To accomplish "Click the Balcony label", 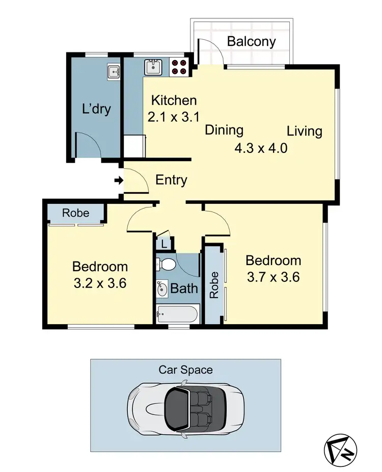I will pos(251,41).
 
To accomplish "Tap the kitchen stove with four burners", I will pos(179,67).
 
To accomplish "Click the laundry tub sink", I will pos(114,72).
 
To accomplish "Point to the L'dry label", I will pos(96,109).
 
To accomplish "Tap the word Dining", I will pos(224,130).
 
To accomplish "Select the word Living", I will pos(304,131).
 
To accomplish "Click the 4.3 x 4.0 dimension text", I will pos(261,149).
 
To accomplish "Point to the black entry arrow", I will pos(118,180).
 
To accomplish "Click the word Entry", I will pos(171,180).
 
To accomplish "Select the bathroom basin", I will pos(162,289).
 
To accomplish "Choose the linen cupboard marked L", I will pos(163,245).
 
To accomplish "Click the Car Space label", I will pos(185,370).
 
